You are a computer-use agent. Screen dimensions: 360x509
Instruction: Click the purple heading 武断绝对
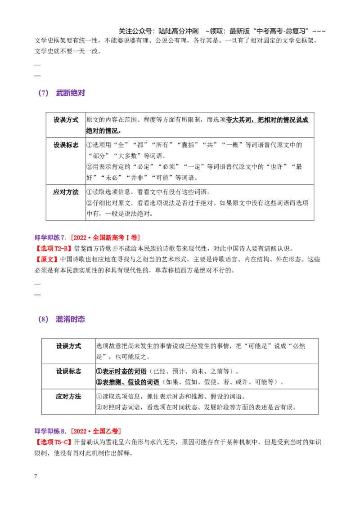[71, 93]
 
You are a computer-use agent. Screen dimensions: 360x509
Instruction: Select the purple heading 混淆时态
[71, 319]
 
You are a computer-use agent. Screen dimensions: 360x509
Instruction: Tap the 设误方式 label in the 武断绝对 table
[66, 120]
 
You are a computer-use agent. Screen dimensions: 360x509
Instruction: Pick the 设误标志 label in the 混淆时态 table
[68, 371]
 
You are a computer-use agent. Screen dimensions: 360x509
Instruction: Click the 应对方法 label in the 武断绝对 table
[66, 192]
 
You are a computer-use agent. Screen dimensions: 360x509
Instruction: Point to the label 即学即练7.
[50, 237]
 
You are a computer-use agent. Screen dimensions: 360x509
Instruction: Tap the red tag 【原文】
[47, 259]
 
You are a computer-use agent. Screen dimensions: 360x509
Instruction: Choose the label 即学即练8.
[50, 431]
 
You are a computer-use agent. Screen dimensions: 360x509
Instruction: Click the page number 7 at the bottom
[36, 476]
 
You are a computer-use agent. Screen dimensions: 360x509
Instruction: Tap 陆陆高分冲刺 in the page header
[178, 31]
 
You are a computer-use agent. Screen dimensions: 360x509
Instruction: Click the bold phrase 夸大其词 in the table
[239, 120]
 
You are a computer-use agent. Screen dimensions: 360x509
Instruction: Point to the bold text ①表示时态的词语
[121, 371]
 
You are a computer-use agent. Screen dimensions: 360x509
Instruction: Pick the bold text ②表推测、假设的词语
[128, 382]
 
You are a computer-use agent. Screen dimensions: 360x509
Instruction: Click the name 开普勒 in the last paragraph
[84, 442]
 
